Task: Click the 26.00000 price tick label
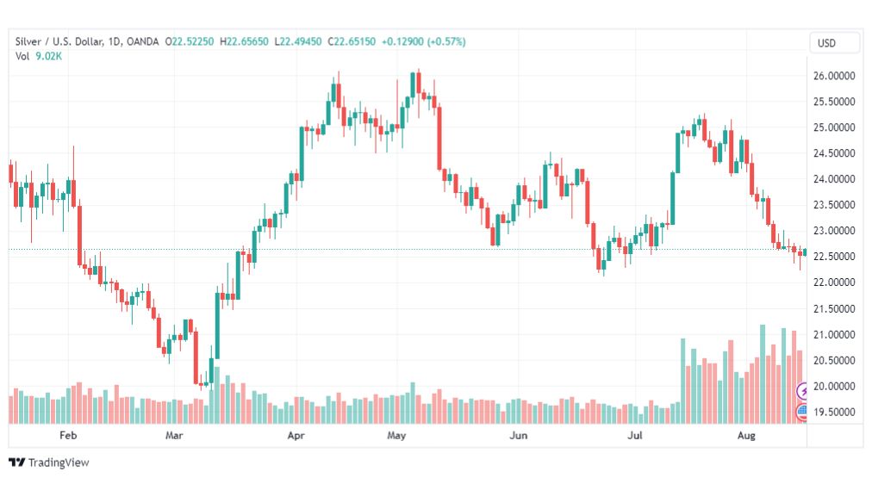[834, 76]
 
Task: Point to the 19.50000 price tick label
[834, 412]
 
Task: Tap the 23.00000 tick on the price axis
[834, 231]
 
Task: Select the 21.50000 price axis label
[834, 308]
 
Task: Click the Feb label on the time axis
[68, 437]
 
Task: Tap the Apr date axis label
[296, 437]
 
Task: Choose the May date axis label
[396, 437]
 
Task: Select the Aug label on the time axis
[747, 437]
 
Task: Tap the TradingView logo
[49, 462]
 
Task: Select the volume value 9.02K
[48, 56]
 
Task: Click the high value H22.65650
[245, 41]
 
